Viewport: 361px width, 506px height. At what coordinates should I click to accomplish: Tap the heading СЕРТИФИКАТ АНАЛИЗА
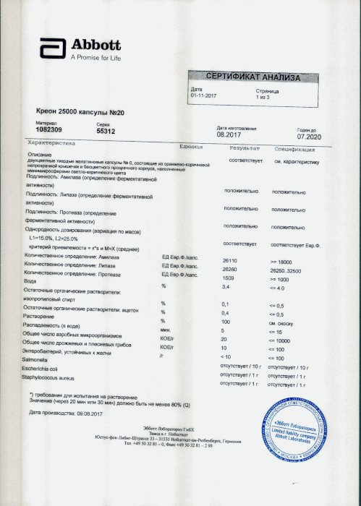pos(250,76)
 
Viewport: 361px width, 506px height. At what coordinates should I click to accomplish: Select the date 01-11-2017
pos(204,95)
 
